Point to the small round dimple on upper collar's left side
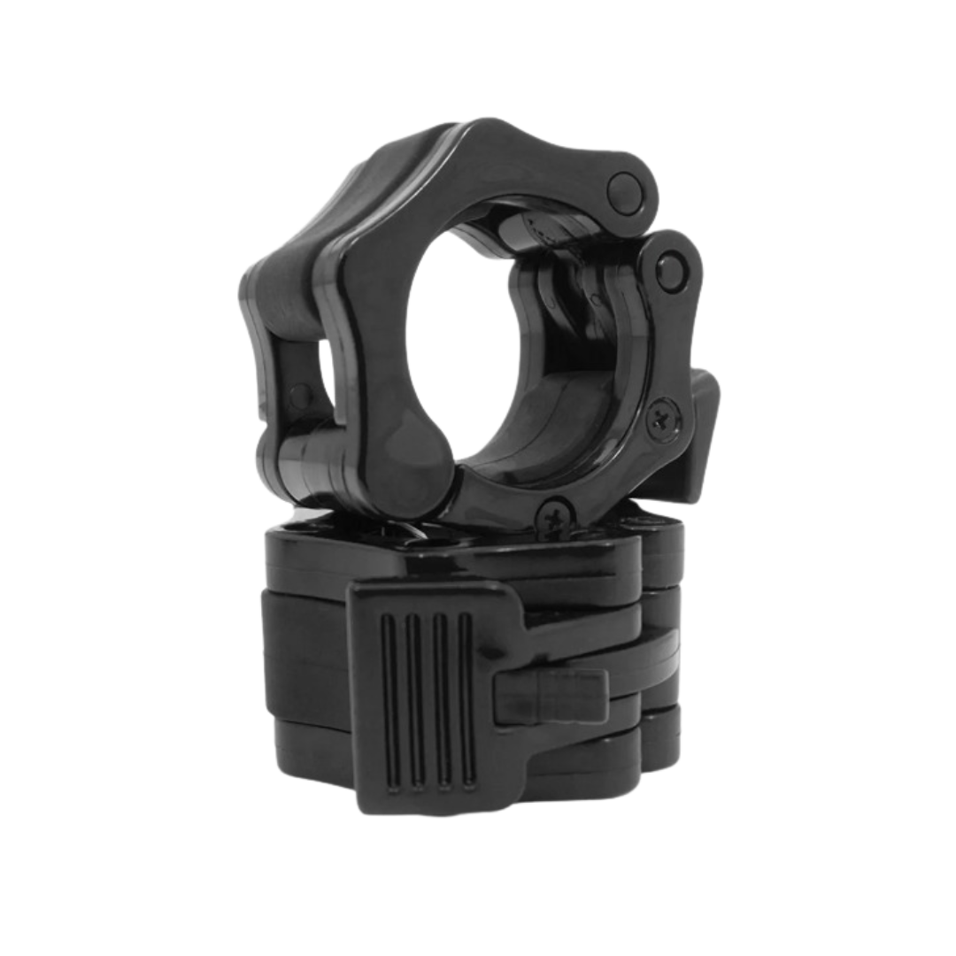300,393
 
